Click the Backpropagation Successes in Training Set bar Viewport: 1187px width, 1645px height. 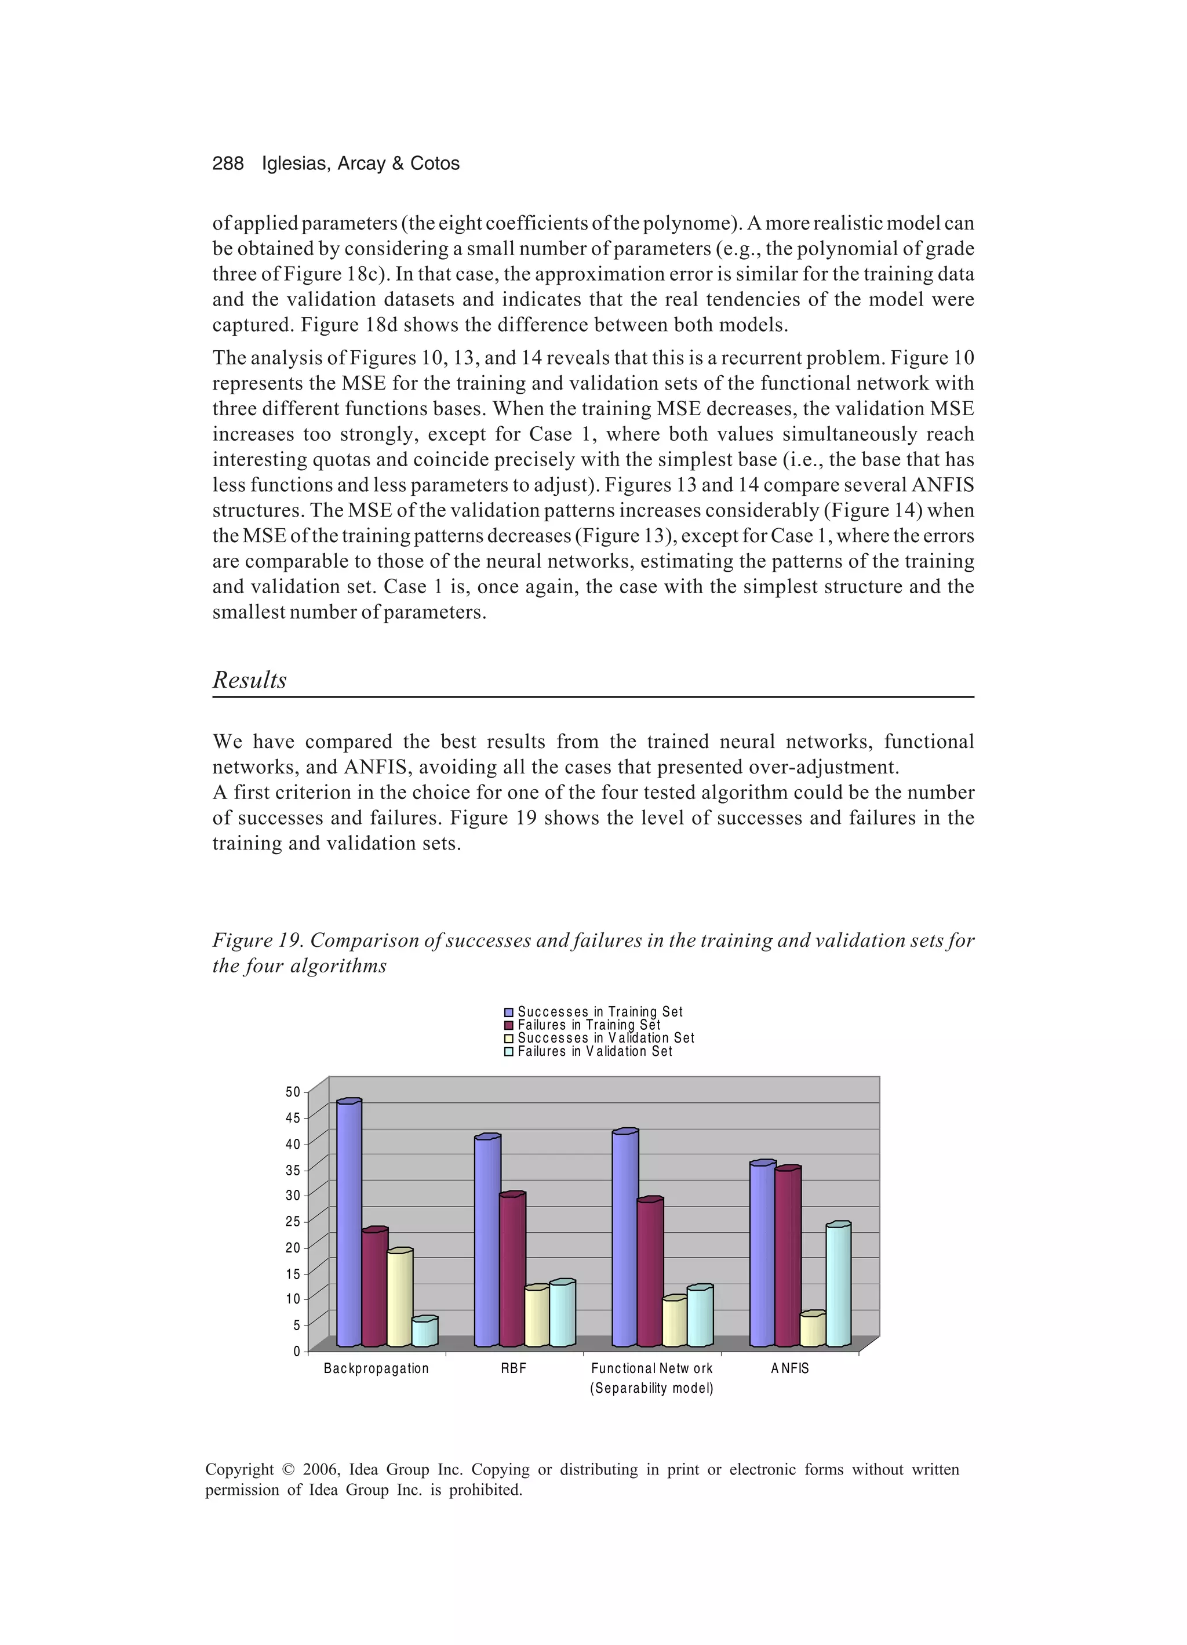pyautogui.click(x=349, y=1226)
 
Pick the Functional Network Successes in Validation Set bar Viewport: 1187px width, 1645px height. pyautogui.click(x=674, y=1323)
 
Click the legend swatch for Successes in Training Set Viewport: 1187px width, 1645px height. pyautogui.click(x=509, y=1012)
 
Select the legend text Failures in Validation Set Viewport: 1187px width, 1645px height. pyautogui.click(x=595, y=1052)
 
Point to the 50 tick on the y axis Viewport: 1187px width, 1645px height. pyautogui.click(x=292, y=1092)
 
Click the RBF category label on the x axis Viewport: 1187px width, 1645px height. pyautogui.click(x=514, y=1368)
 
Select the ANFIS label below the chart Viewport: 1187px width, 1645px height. pyautogui.click(x=789, y=1368)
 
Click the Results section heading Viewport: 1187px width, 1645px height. pyautogui.click(x=249, y=680)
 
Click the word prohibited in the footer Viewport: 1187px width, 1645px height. pyautogui.click(x=485, y=1490)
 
